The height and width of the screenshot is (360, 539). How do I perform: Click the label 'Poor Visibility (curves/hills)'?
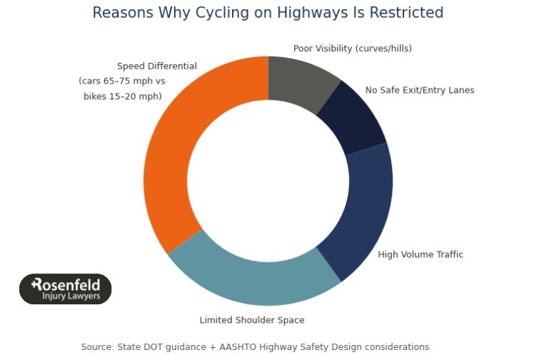click(x=352, y=49)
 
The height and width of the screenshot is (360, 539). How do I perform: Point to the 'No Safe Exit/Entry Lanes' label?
click(x=419, y=90)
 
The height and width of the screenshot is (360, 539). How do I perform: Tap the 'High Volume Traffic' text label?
click(x=420, y=254)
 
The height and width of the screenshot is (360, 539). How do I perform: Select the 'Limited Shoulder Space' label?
click(x=251, y=320)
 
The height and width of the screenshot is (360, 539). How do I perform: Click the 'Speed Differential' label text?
click(x=156, y=66)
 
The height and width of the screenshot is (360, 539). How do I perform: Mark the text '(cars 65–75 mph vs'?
click(x=121, y=81)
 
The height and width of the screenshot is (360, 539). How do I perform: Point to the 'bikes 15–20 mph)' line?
click(x=122, y=96)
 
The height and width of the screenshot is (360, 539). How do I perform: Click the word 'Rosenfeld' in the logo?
click(x=66, y=284)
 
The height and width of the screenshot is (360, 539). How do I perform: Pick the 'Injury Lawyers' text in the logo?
click(x=71, y=296)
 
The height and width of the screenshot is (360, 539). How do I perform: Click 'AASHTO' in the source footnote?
click(x=234, y=347)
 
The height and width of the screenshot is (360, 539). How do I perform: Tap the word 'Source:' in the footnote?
click(x=97, y=347)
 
